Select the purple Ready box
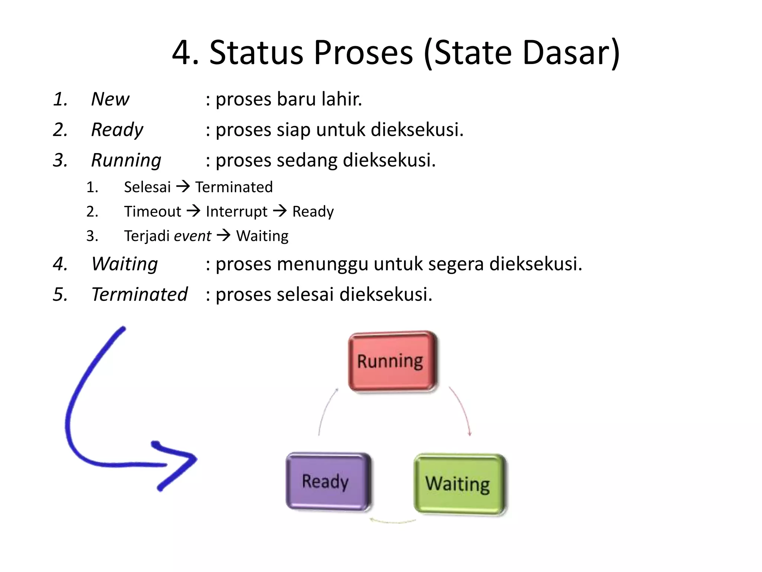click(x=328, y=482)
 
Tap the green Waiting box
click(x=460, y=484)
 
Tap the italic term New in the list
click(x=110, y=99)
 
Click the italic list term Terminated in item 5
click(x=140, y=294)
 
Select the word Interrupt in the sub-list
click(x=236, y=212)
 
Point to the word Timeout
click(x=153, y=212)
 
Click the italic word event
click(x=192, y=236)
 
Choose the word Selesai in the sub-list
click(x=147, y=187)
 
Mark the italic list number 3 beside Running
click(x=60, y=160)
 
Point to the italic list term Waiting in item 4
click(x=125, y=264)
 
